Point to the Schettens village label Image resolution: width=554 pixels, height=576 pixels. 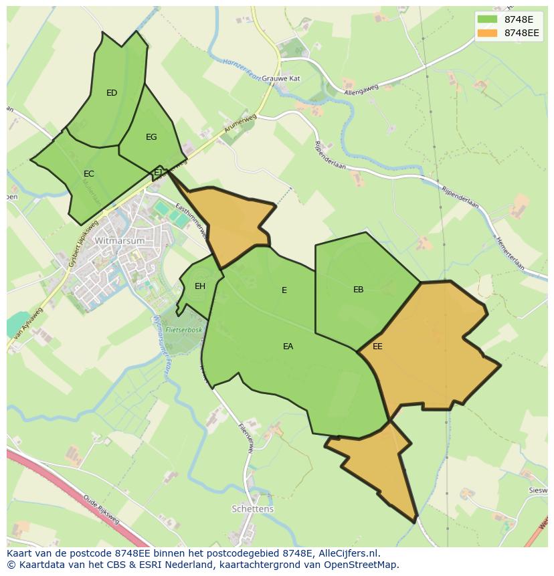pos(252,508)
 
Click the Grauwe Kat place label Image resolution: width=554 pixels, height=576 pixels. pos(280,78)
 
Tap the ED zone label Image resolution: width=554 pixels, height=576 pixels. pos(112,93)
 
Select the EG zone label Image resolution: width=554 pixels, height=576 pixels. pos(151,137)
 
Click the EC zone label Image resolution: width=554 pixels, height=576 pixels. pos(89,174)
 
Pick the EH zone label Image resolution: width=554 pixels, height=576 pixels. pos(199,286)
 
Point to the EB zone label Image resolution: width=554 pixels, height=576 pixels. pos(359,290)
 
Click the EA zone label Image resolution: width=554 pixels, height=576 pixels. pos(288,347)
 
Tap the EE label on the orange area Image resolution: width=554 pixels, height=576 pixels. pos(377,347)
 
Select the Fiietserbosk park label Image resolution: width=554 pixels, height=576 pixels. pos(184,330)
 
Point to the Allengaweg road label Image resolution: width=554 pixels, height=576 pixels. pos(361,89)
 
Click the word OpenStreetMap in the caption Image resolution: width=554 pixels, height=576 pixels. pos(360,565)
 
